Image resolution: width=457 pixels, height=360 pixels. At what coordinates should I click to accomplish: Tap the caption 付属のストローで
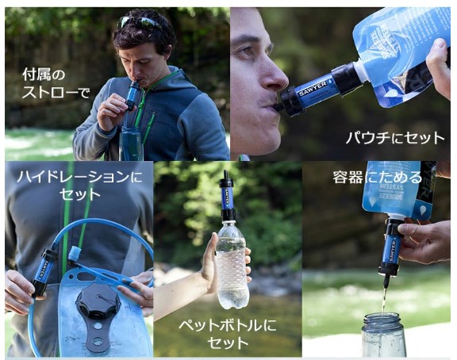point(56,84)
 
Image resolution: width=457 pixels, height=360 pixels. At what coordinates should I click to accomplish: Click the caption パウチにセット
point(394,137)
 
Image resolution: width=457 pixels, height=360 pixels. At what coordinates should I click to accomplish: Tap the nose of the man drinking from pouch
point(274,75)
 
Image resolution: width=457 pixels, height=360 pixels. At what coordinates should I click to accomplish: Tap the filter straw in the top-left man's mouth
point(134,94)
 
